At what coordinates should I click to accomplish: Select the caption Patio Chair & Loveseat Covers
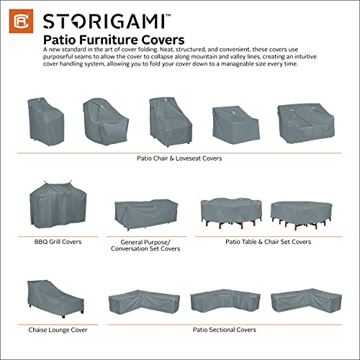pyautogui.click(x=180, y=158)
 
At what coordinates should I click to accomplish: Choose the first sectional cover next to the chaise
pyautogui.click(x=142, y=302)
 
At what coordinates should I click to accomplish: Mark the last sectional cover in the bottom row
pyautogui.click(x=301, y=302)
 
